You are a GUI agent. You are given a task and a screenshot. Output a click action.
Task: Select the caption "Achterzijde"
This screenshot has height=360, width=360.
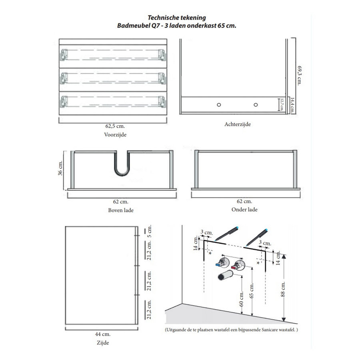point(238,124)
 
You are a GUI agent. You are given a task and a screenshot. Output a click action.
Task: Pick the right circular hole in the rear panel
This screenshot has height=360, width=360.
point(255,104)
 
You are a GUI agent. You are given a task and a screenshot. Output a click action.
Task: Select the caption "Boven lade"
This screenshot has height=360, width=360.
point(120,210)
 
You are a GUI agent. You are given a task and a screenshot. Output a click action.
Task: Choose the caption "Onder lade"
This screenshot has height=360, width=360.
point(244,210)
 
